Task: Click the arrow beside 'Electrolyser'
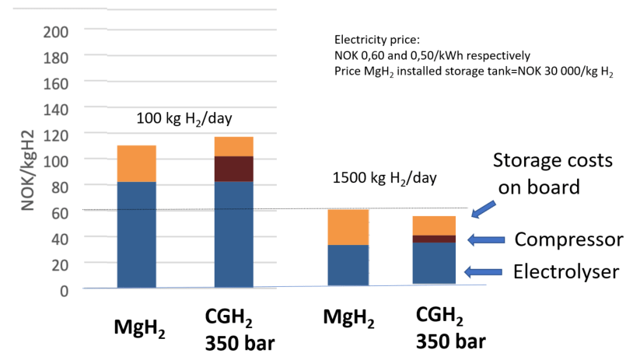pyautogui.click(x=481, y=271)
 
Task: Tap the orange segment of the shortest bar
pyautogui.click(x=434, y=225)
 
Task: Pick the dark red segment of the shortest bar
pyautogui.click(x=434, y=239)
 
